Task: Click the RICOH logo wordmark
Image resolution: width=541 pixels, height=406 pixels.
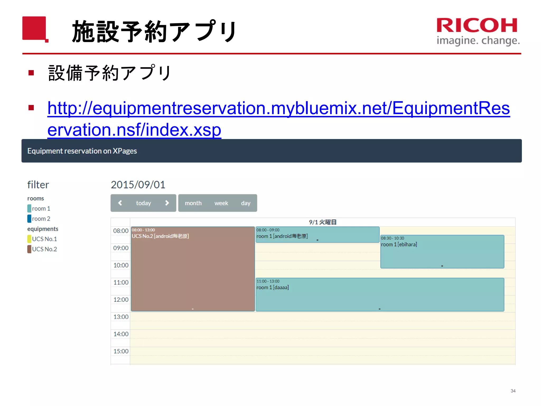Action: [x=477, y=25]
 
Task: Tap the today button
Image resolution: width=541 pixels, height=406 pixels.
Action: [x=143, y=203]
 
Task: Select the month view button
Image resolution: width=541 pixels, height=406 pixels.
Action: [x=193, y=203]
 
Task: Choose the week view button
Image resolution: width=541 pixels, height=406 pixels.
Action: [x=221, y=203]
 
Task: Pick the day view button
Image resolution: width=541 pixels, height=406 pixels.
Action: [x=246, y=203]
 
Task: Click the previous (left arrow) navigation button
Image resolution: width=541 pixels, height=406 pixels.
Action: [x=120, y=203]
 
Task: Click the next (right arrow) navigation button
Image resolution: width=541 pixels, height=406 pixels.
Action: [x=167, y=203]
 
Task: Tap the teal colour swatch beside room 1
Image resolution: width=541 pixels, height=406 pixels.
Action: [x=29, y=209]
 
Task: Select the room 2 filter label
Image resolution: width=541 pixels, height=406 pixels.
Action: [x=41, y=219]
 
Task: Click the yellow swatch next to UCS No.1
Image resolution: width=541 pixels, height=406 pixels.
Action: [x=29, y=239]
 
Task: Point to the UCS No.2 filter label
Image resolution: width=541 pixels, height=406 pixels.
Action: [x=44, y=249]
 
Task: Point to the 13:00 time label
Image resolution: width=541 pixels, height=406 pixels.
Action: [x=121, y=317]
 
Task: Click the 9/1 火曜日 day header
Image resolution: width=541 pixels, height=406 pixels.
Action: [x=323, y=222]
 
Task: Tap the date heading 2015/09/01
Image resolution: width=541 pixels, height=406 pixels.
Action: [x=138, y=185]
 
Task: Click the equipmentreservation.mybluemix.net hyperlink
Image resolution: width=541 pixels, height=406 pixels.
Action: [x=278, y=108]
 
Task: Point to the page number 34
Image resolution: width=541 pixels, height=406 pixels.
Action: [x=513, y=391]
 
